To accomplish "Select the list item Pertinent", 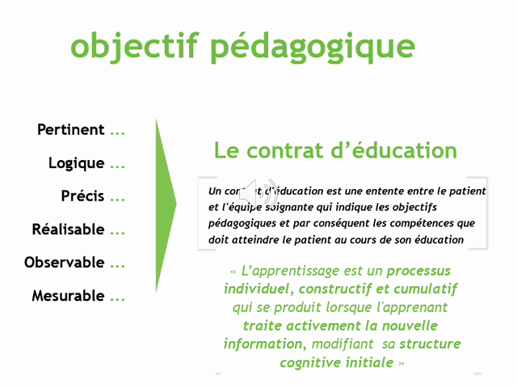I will click(71, 130).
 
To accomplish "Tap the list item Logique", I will click(77, 163).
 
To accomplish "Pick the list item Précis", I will click(83, 196).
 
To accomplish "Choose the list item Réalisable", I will click(69, 230).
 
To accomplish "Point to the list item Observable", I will click(65, 263).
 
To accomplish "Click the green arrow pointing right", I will click(165, 205).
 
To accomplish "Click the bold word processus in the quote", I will click(418, 272).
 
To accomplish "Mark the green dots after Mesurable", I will click(118, 297).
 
